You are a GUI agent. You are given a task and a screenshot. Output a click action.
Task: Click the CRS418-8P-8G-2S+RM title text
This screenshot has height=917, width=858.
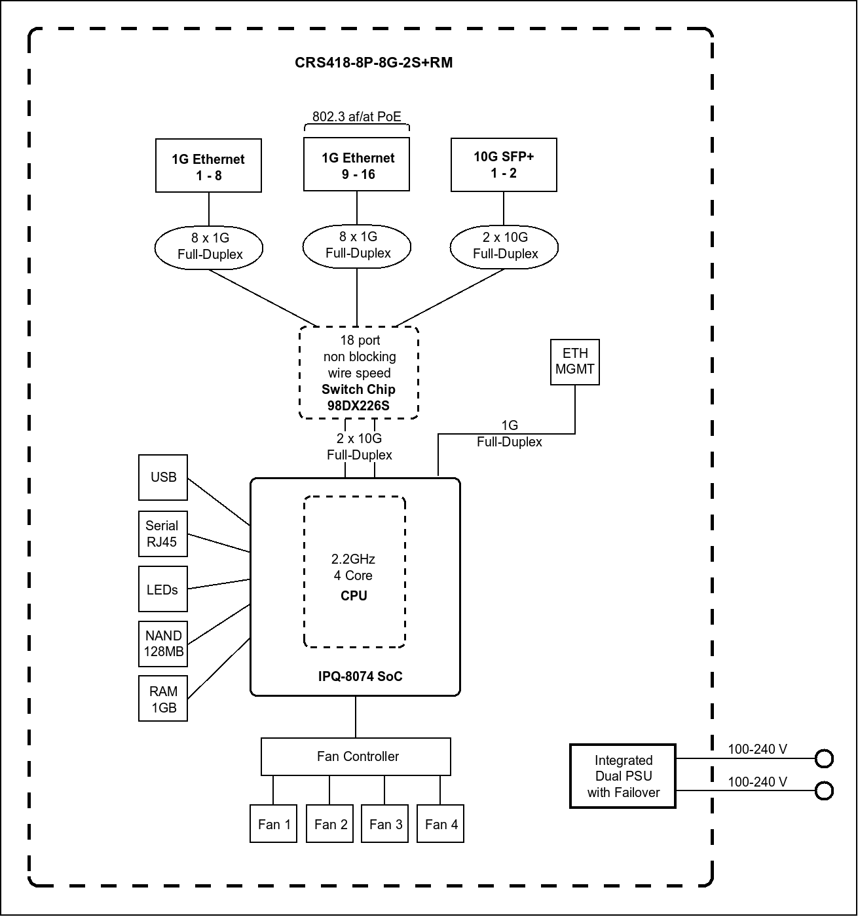(373, 63)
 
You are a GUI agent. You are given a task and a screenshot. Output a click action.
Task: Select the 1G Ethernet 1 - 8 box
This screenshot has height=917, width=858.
(208, 166)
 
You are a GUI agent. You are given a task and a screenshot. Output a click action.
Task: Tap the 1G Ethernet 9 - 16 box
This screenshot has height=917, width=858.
(357, 165)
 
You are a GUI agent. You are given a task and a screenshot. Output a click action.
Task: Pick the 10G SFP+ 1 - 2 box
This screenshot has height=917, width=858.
(504, 165)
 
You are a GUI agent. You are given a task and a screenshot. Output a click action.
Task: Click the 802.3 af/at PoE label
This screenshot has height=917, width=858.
(356, 117)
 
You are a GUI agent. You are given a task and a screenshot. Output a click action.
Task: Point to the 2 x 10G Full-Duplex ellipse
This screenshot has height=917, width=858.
(504, 246)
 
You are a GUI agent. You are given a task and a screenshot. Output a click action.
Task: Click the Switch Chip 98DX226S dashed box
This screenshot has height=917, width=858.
(358, 372)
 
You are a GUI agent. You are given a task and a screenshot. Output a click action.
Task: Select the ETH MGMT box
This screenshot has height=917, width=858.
(575, 362)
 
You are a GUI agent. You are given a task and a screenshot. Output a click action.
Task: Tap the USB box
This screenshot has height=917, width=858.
(163, 477)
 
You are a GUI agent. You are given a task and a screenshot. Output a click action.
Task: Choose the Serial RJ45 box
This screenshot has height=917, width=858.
(163, 534)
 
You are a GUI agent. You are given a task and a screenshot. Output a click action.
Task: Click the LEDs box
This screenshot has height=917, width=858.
(163, 589)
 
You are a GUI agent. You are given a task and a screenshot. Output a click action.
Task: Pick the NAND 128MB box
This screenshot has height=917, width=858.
(163, 644)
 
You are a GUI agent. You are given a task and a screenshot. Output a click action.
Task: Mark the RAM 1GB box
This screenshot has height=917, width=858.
(163, 699)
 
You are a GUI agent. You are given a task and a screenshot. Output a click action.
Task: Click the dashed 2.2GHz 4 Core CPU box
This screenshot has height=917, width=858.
(354, 572)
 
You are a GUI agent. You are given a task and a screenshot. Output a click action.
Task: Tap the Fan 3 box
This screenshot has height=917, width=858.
(385, 823)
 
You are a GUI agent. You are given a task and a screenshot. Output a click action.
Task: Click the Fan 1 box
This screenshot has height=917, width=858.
(274, 823)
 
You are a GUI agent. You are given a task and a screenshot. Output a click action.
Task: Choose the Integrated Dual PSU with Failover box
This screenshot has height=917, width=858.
(623, 776)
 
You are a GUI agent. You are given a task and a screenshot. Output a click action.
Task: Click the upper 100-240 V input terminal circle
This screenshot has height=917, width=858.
(824, 759)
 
